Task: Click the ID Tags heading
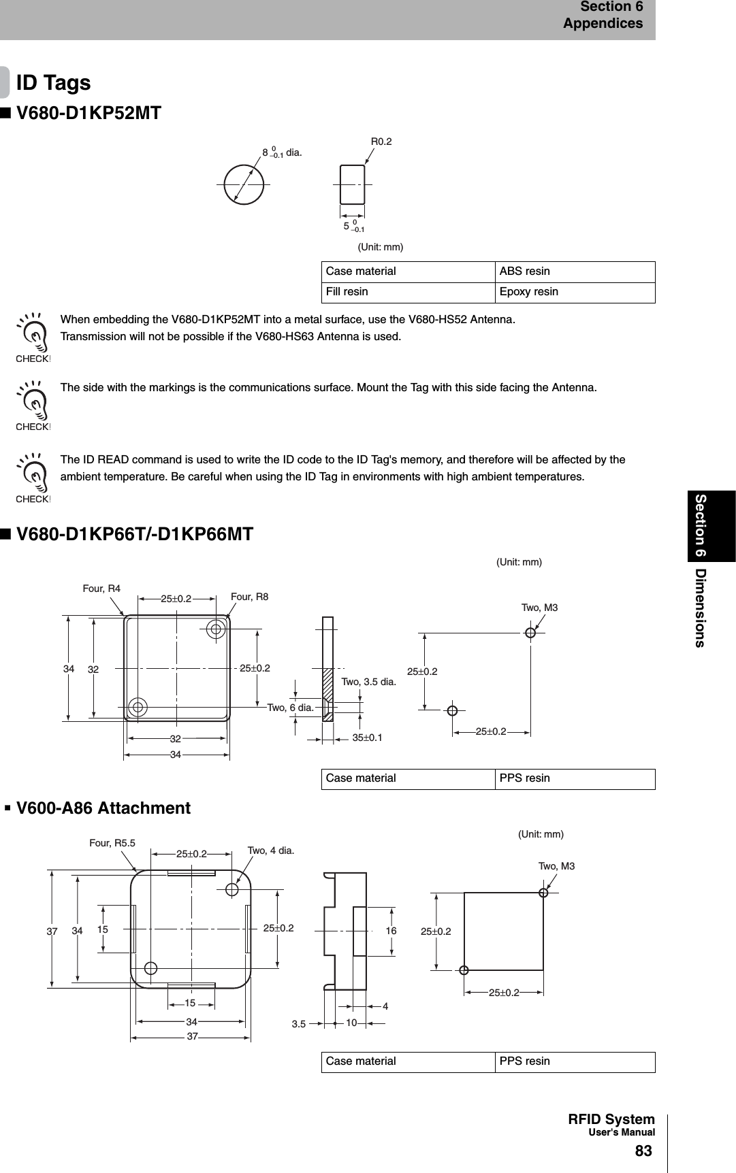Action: [53, 83]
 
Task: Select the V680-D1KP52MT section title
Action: [89, 113]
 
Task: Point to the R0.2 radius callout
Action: [381, 142]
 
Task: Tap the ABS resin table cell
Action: [524, 271]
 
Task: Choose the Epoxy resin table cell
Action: [528, 292]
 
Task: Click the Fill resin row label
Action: [347, 292]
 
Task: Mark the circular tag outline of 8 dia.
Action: [244, 184]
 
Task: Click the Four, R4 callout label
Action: [101, 589]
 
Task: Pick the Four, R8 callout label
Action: [249, 597]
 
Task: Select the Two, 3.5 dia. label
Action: [368, 682]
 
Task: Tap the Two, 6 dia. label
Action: [290, 708]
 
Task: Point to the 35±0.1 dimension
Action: [367, 738]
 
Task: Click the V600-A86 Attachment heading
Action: [103, 808]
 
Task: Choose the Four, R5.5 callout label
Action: [112, 843]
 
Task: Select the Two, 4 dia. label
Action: [270, 850]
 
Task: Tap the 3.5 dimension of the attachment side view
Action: [299, 1023]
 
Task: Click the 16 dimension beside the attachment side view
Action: [391, 931]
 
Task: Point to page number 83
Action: [643, 1151]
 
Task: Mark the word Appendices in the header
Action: [603, 24]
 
